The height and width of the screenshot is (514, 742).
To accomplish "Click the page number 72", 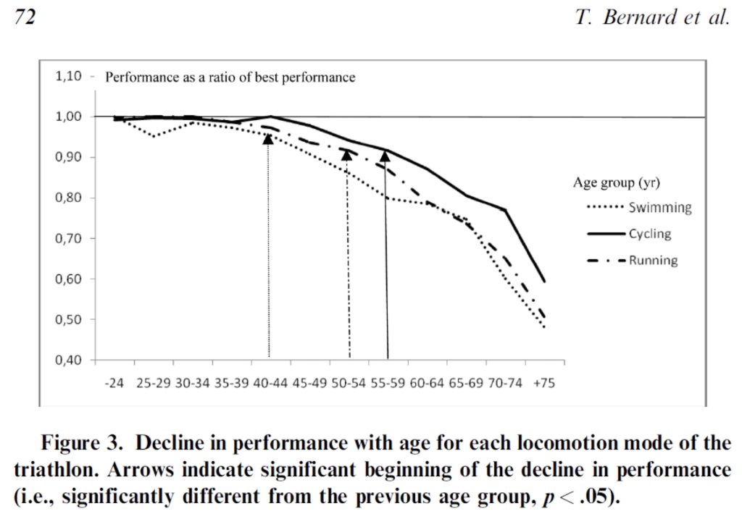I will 25,18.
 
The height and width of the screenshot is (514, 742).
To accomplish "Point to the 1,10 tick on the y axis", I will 70,76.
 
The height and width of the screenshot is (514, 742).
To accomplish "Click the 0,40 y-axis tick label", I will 70,361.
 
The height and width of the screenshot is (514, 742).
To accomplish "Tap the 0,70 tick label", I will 70,239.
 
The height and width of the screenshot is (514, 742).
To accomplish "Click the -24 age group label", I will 114,382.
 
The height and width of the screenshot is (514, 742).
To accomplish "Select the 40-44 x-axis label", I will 269,382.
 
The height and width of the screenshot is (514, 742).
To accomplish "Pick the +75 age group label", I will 543,382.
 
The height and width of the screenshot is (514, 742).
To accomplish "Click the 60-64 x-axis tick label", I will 426,382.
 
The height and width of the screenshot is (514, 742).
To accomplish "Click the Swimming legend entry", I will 659,208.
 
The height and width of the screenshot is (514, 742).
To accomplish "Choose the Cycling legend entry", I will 649,234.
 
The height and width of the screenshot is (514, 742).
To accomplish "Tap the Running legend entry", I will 652,260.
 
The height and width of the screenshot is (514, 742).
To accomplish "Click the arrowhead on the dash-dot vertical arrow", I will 346,154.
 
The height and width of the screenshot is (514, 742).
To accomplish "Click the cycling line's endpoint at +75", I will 544,282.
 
